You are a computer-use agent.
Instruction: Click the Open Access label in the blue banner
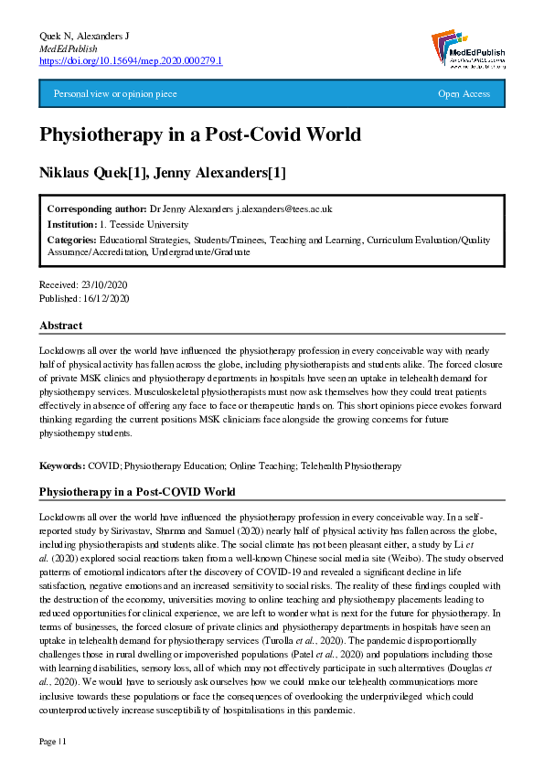click(464, 94)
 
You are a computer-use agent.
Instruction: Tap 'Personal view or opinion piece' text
click(115, 94)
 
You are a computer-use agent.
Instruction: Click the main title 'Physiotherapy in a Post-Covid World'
click(200, 135)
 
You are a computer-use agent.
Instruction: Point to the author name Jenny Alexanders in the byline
click(230, 174)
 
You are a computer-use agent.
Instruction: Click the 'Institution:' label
click(72, 224)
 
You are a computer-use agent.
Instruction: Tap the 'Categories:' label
click(72, 240)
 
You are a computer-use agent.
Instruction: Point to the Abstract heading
click(61, 326)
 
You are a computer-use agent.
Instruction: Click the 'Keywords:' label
click(62, 465)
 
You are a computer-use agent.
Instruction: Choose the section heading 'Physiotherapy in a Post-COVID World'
click(137, 492)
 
